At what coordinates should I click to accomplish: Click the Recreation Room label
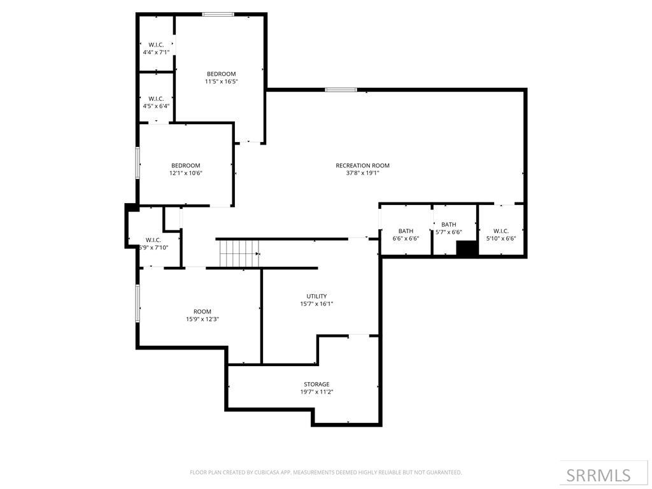point(362,166)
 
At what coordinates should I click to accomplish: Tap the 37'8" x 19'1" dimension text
point(362,173)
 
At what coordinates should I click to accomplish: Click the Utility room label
point(316,296)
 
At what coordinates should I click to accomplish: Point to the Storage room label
point(316,384)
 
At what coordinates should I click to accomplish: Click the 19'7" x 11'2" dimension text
point(316,392)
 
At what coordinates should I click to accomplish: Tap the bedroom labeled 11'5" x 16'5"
point(221,77)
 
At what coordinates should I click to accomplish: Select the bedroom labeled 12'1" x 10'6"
point(185,169)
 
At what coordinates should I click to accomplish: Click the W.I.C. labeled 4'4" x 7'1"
point(156,48)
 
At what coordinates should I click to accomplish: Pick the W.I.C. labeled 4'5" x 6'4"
point(156,102)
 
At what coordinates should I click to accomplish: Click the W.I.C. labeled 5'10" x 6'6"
point(500,234)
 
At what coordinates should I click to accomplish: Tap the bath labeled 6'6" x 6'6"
point(406,234)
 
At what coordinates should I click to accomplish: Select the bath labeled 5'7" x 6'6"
point(449,228)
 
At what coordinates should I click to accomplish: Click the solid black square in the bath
point(467,248)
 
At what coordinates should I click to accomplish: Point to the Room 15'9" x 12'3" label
point(202,315)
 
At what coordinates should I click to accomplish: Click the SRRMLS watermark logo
point(598,475)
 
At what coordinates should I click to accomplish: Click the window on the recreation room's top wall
point(341,90)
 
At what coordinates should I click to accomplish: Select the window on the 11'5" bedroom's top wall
point(218,14)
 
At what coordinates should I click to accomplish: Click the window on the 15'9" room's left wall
point(138,302)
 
